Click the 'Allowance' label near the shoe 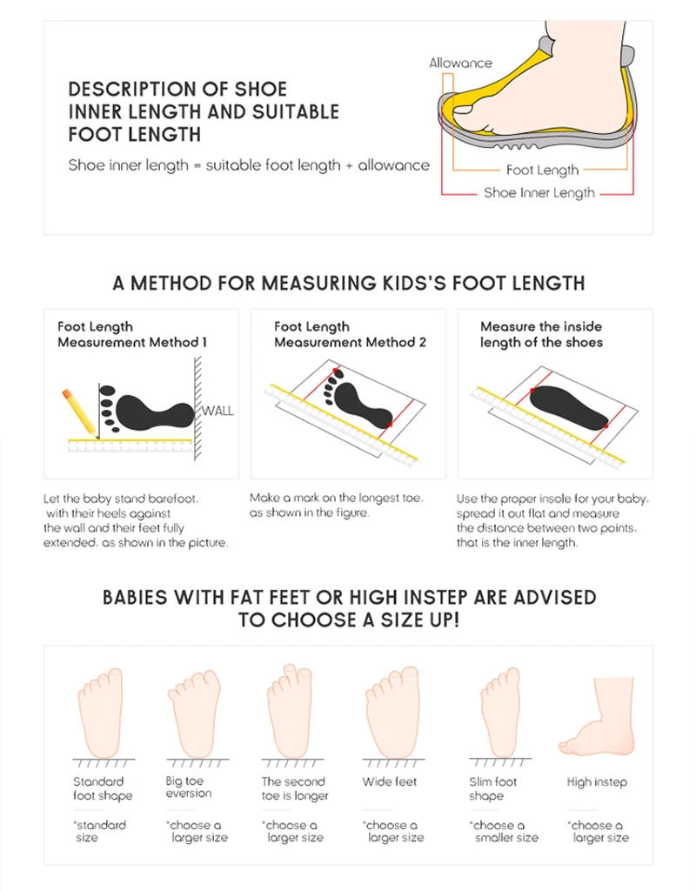(x=460, y=63)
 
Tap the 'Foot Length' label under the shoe (x=542, y=171)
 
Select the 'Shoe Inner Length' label (x=539, y=193)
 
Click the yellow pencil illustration (x=78, y=411)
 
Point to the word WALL (x=217, y=411)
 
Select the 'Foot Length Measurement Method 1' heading (x=132, y=334)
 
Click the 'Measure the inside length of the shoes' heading (x=541, y=334)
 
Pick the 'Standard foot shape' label (x=103, y=788)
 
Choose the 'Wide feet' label (x=390, y=781)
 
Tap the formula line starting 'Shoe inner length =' (x=249, y=165)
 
